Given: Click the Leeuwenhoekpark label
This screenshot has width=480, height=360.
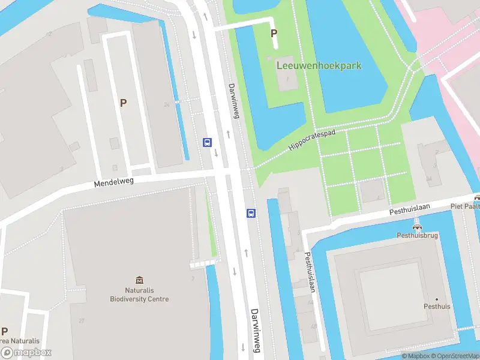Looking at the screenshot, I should tap(319, 65).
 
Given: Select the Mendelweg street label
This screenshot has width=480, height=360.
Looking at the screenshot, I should tap(113, 181).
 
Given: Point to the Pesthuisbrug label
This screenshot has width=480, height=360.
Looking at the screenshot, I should tap(418, 235).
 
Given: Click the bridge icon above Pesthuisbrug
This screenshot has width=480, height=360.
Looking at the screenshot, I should tap(418, 227).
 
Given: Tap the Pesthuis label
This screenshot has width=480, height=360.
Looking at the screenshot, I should tap(436, 306).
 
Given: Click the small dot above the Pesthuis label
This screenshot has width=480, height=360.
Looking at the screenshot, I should tap(436, 299).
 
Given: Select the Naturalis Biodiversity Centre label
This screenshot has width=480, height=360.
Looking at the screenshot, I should tap(139, 295).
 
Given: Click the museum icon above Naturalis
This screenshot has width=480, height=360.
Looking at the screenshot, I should tap(139, 280).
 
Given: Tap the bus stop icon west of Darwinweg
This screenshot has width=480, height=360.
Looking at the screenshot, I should tap(207, 142).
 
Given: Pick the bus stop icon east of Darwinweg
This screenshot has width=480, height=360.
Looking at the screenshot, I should tap(251, 213).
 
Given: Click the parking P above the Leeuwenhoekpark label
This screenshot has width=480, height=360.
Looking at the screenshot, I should tap(274, 34).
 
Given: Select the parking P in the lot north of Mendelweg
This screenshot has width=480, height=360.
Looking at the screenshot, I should tap(123, 103).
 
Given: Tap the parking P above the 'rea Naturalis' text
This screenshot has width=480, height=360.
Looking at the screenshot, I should tap(4, 331).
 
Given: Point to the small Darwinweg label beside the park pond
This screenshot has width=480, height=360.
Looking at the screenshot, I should tap(233, 100).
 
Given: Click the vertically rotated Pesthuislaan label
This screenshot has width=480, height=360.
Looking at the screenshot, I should tap(310, 271).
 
